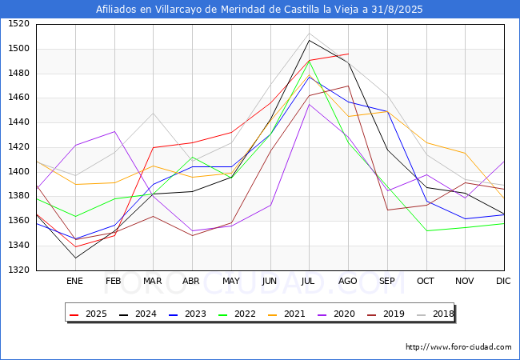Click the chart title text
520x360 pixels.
pyautogui.click(x=259, y=10)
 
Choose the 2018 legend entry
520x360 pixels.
pyautogui.click(x=433, y=314)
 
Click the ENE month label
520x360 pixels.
pyautogui.click(x=74, y=281)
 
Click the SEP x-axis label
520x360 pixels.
pyautogui.click(x=387, y=281)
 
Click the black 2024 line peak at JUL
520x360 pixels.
pyautogui.click(x=309, y=40)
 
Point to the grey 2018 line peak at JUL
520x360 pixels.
pyautogui.click(x=309, y=34)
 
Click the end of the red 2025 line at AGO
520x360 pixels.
pyautogui.click(x=348, y=54)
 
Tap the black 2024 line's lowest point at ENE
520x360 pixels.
pyautogui.click(x=74, y=258)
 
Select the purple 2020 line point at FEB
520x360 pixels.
pyautogui.click(x=114, y=131)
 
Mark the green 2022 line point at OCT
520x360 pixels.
pyautogui.click(x=426, y=231)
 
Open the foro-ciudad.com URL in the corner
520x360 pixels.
pyautogui.click(x=458, y=347)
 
